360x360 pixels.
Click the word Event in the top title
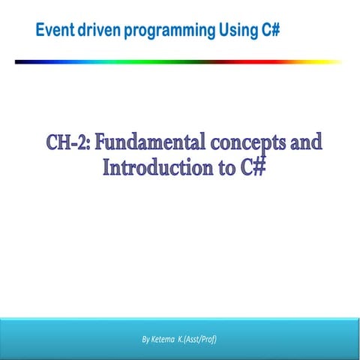coord(54,31)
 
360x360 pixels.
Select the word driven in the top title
coord(98,31)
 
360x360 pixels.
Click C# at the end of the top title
coord(272,31)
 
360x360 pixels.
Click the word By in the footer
coord(146,340)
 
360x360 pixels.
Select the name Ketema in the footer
coord(166,340)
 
